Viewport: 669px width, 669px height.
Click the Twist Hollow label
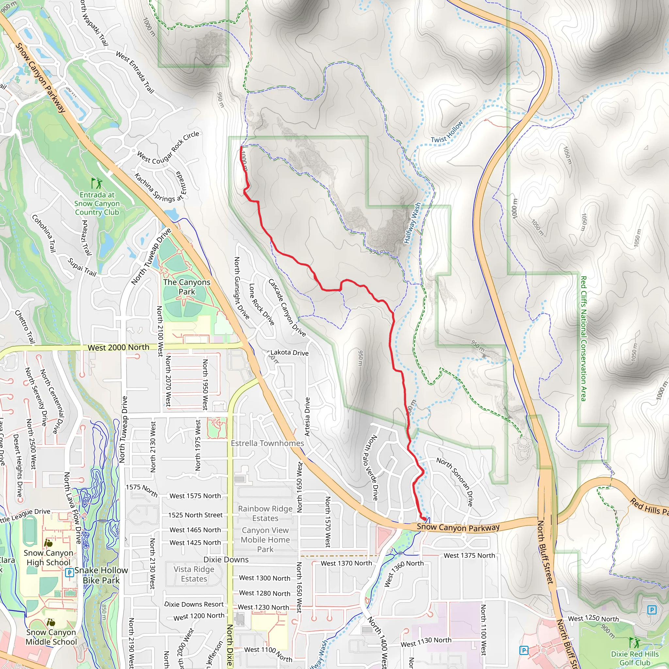click(447, 132)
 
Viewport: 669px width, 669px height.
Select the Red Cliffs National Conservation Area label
click(583, 338)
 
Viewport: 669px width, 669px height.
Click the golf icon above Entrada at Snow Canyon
click(97, 183)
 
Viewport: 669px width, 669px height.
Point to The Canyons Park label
click(187, 287)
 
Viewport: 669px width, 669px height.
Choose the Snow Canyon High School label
click(48, 558)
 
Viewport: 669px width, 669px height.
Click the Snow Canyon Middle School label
click(51, 637)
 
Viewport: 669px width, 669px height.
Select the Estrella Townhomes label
click(267, 443)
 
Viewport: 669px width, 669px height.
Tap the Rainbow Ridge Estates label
click(265, 513)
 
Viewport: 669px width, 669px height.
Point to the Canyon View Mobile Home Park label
click(265, 540)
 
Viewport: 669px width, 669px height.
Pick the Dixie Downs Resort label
click(194, 604)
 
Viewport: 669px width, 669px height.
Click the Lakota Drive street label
click(289, 352)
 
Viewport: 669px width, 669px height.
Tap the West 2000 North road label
click(119, 347)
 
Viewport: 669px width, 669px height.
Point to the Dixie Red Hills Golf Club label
click(635, 658)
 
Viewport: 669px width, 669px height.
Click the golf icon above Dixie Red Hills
click(634, 643)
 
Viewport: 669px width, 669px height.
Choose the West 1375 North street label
click(469, 555)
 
